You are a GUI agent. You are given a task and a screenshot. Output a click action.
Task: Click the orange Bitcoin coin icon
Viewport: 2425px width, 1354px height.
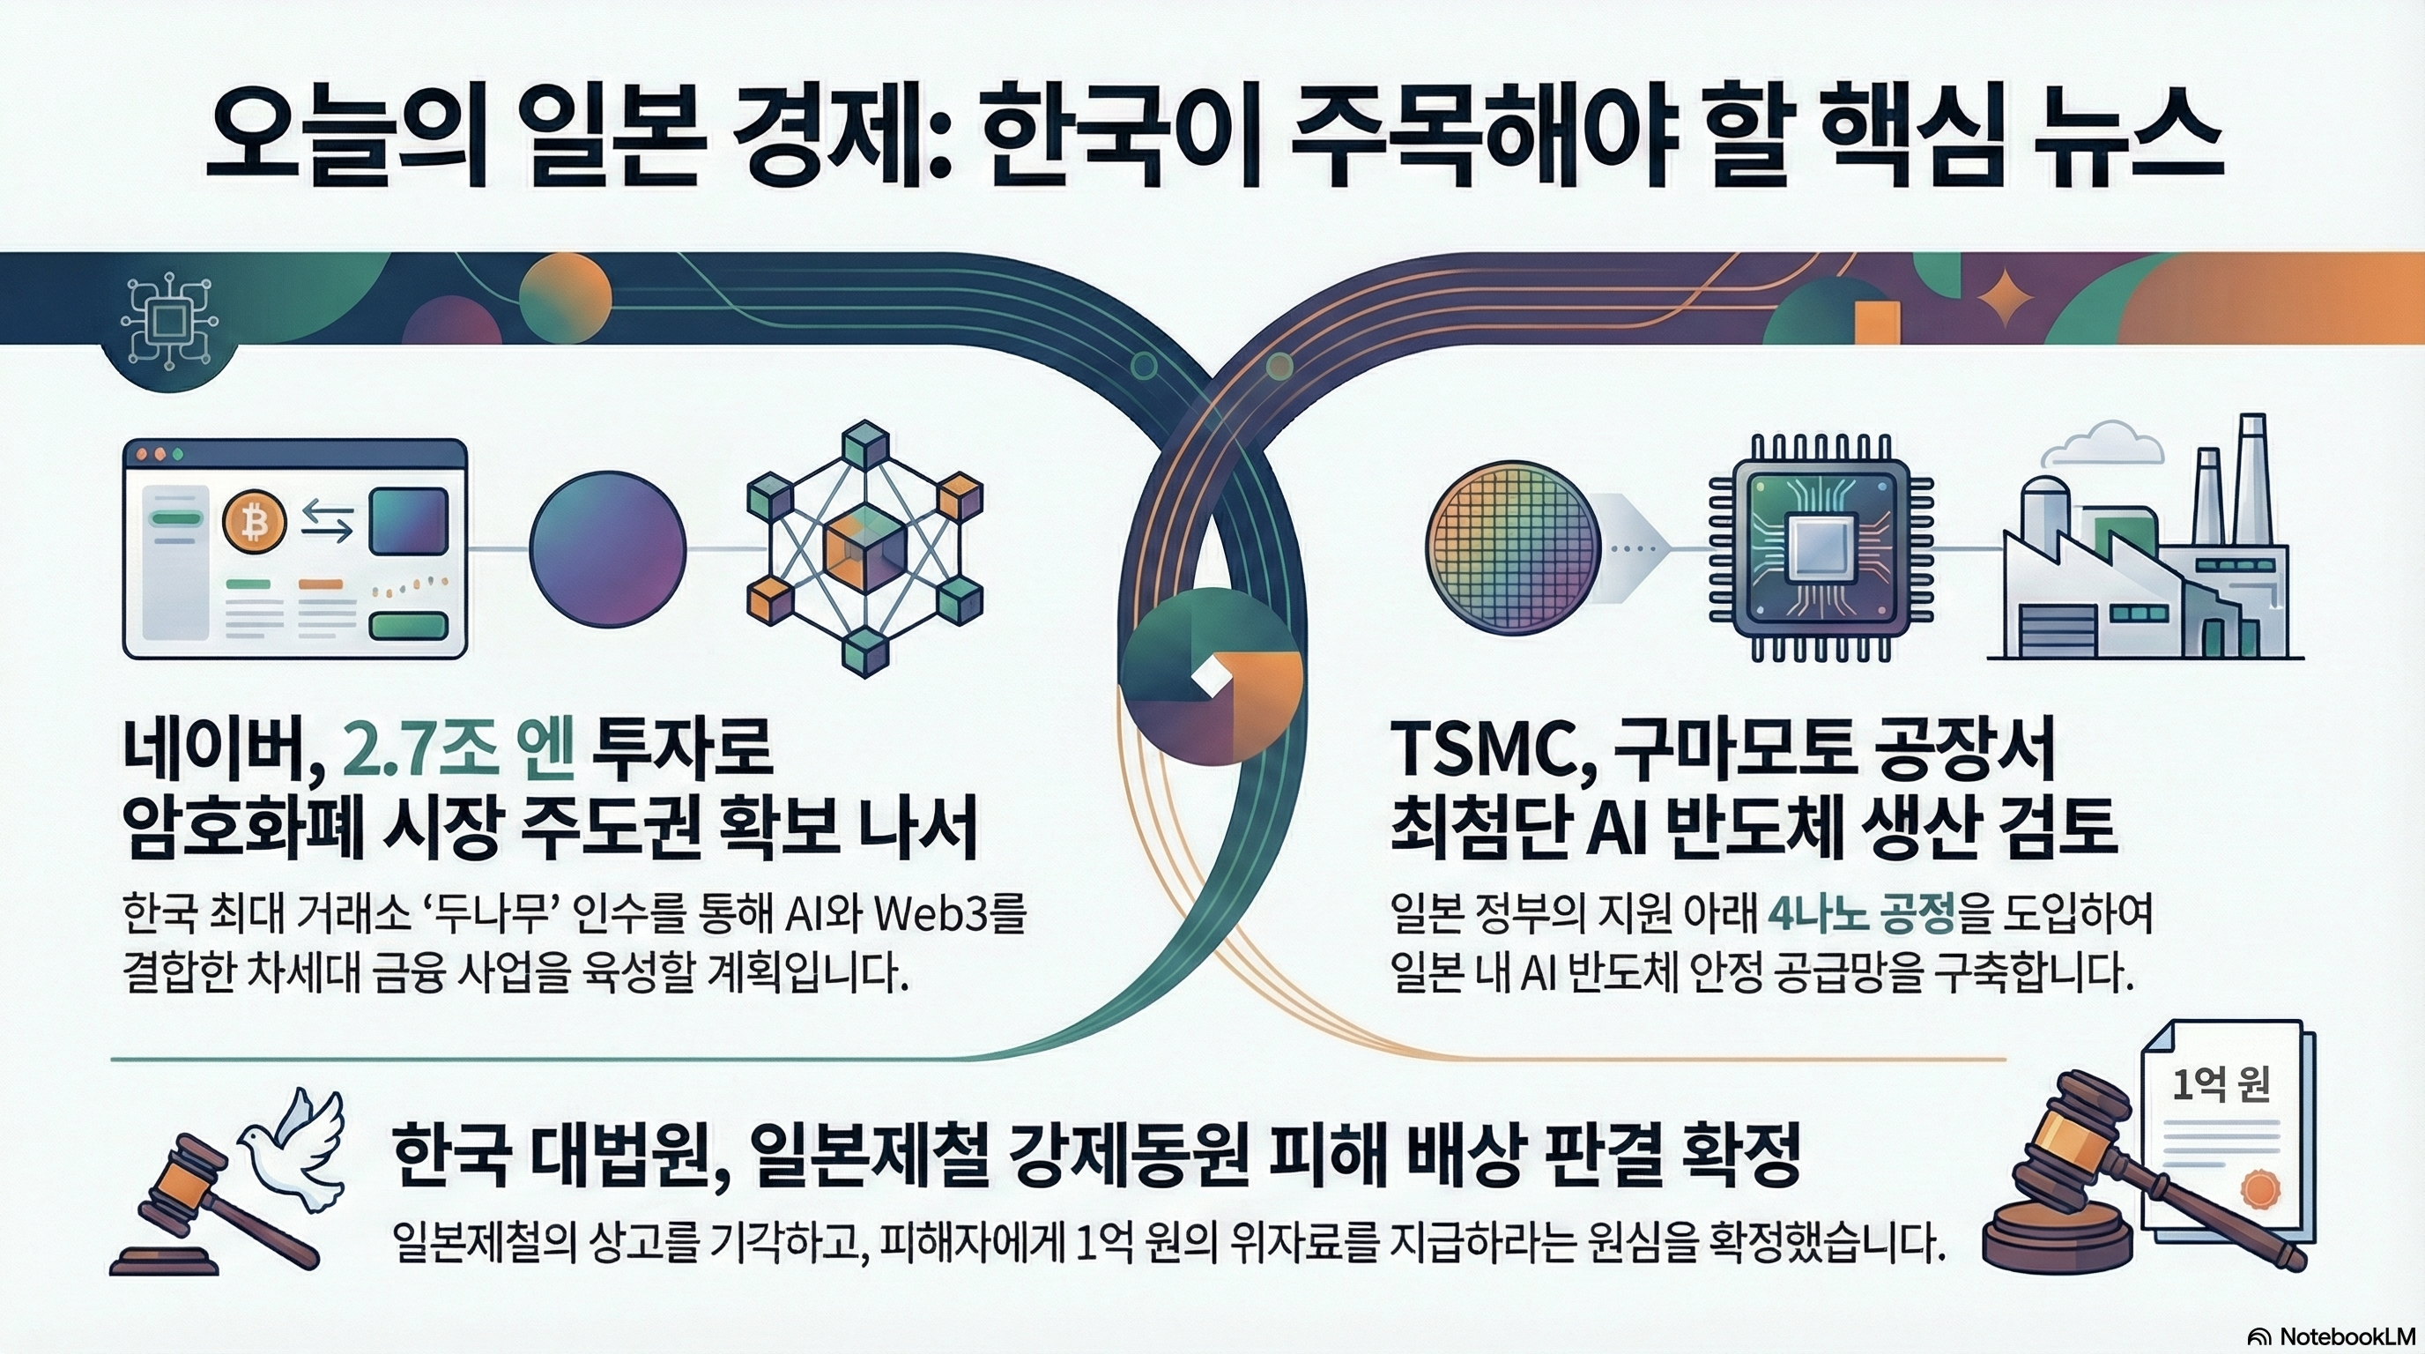point(253,523)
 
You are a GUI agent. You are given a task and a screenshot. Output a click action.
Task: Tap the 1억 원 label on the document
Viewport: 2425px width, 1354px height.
point(2221,1085)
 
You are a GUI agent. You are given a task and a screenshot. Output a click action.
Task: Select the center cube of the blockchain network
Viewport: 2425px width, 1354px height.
point(864,548)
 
